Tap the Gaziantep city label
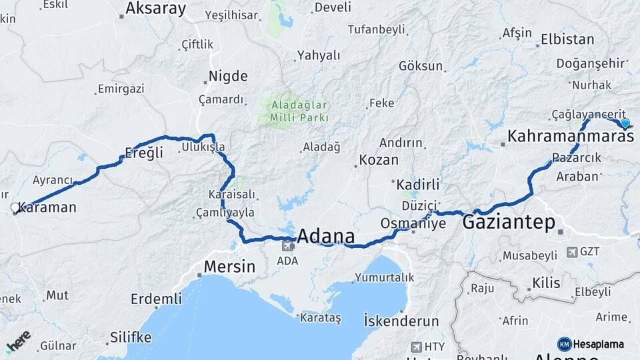click(509, 222)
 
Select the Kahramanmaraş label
click(570, 137)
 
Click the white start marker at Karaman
click(15, 208)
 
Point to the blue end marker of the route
click(625, 123)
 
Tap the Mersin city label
click(229, 267)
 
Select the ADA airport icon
click(288, 245)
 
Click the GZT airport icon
click(571, 252)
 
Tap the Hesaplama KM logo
click(564, 344)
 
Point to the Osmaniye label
click(413, 223)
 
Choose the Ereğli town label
click(144, 153)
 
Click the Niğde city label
click(228, 76)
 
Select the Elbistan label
click(567, 39)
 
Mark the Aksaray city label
click(156, 9)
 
